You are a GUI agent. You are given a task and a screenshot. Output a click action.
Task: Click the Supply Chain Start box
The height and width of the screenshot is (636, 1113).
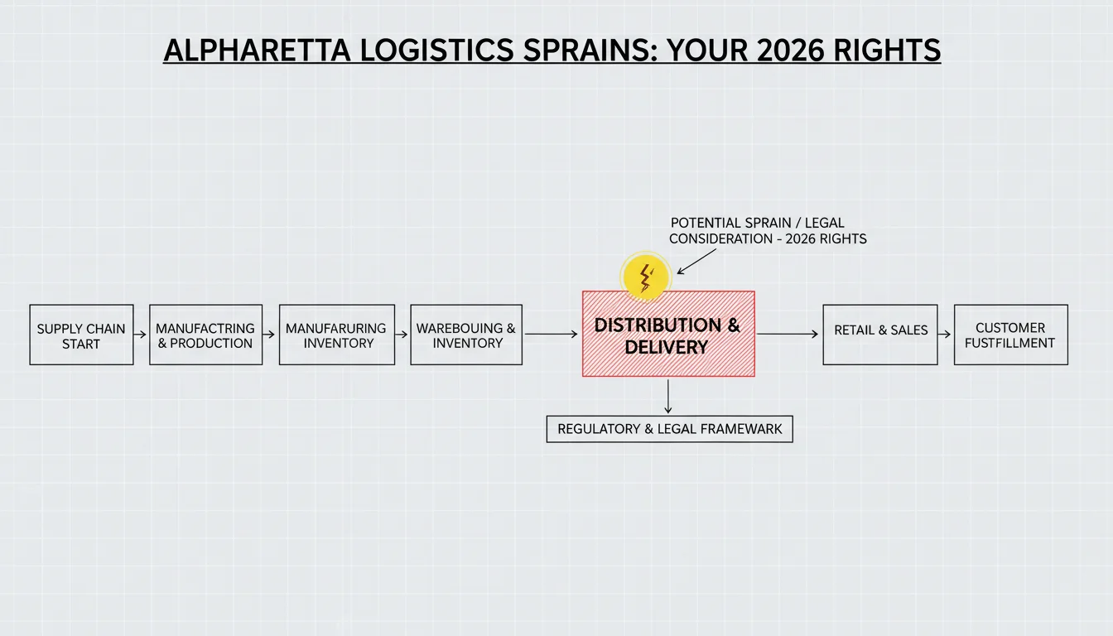tap(81, 335)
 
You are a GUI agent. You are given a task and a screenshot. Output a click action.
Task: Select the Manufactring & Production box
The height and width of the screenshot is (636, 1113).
tap(205, 335)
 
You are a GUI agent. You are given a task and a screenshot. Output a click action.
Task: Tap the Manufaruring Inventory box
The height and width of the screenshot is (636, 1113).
tap(337, 335)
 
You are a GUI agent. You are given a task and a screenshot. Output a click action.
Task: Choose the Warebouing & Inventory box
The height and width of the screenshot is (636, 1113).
tap(466, 335)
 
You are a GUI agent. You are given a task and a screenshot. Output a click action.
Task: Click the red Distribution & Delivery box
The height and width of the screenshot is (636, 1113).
tap(668, 334)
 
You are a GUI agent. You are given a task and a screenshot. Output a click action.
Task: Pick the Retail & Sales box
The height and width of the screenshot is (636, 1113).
tap(880, 335)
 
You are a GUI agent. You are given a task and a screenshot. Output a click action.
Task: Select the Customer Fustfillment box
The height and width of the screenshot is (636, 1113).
tap(1010, 335)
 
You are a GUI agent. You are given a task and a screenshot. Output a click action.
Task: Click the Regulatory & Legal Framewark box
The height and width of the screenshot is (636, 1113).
tap(669, 429)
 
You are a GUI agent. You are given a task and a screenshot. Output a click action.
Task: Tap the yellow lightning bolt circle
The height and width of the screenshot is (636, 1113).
tap(645, 277)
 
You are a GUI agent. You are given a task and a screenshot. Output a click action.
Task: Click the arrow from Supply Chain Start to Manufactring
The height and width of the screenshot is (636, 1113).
tap(140, 335)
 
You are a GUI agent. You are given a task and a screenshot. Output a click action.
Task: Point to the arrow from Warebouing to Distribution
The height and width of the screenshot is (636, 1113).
tap(551, 335)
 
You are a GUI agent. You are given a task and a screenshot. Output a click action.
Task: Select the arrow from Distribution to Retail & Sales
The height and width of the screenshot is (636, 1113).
tap(788, 335)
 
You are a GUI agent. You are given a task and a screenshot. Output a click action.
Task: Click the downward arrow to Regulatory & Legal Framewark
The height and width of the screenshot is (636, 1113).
tap(667, 397)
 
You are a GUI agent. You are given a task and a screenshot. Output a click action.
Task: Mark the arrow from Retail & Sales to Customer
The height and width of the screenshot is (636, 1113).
tap(945, 335)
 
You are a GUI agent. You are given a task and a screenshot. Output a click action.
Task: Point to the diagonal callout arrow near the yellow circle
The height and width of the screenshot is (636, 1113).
tap(696, 262)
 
